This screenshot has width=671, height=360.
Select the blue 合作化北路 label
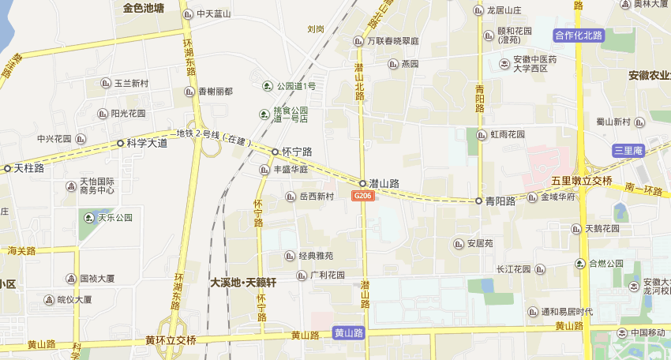point(579,35)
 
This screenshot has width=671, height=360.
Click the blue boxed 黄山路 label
point(348,333)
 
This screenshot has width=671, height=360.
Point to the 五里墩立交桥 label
point(582,180)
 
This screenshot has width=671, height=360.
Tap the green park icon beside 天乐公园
point(89,218)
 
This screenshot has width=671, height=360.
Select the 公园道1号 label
point(295,86)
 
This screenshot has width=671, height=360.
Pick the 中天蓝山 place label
point(214,13)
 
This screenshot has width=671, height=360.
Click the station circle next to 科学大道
point(120,144)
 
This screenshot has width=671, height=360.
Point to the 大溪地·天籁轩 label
point(243,282)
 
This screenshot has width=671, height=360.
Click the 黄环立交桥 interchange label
point(171,340)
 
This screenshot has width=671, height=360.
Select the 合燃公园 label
point(605,263)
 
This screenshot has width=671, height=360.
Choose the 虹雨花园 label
point(508,134)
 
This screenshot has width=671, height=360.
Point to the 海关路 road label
point(21,251)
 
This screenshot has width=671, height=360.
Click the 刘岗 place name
point(316,29)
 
